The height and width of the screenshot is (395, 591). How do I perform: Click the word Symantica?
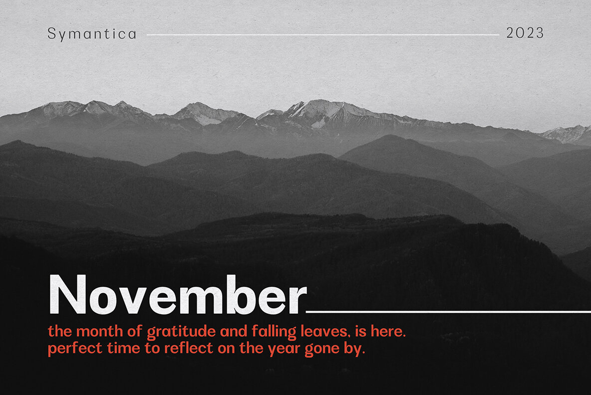(x=91, y=34)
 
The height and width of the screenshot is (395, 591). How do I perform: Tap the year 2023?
(x=525, y=33)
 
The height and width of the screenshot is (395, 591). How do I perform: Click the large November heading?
(x=178, y=294)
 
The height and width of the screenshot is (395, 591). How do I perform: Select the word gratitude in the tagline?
(x=181, y=332)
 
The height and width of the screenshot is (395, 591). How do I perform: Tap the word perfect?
(x=75, y=348)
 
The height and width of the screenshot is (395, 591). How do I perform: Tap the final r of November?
(x=298, y=299)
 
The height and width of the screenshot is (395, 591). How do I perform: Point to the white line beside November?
(x=448, y=312)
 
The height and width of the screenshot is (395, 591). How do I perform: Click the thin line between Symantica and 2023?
(x=323, y=34)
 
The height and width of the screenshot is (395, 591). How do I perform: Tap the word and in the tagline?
(x=234, y=331)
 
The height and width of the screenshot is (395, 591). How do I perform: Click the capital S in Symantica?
(x=51, y=33)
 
